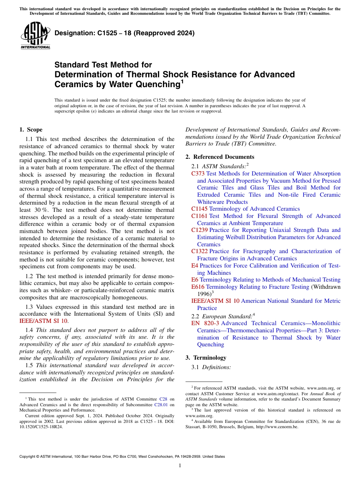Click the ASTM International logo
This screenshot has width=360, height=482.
click(x=35, y=36)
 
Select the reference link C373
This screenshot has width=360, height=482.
click(x=198, y=174)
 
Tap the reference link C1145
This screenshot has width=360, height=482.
click(x=200, y=209)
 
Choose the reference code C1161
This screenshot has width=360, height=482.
click(x=200, y=216)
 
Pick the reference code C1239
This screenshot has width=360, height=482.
click(x=200, y=230)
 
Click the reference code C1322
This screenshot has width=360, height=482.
click(x=200, y=251)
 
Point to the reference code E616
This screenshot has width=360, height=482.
click(x=198, y=287)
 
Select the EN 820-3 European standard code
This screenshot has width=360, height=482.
click(x=205, y=323)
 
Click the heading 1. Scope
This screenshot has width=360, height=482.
click(x=31, y=130)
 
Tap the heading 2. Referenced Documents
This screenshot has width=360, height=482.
click(x=220, y=157)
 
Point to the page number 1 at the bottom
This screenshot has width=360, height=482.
click(x=180, y=466)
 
